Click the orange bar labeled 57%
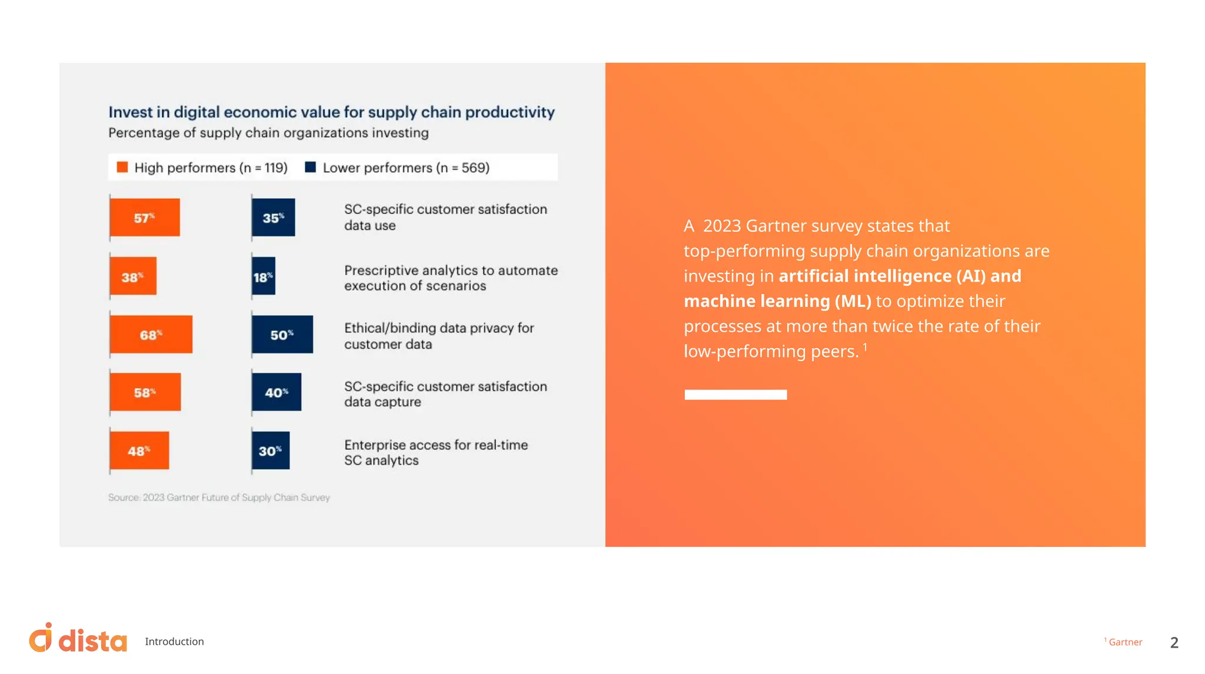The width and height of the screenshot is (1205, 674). click(145, 218)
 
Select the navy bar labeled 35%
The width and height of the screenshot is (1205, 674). click(274, 218)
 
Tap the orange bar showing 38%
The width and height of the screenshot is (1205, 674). click(133, 276)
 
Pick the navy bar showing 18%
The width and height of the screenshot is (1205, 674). click(264, 276)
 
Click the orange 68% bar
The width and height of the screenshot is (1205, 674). click(151, 335)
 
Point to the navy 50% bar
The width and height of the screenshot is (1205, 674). click(282, 335)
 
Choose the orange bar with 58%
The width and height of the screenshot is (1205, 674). click(145, 392)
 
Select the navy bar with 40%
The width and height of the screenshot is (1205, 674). click(277, 392)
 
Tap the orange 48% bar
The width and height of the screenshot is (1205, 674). click(139, 451)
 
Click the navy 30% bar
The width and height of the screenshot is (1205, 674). click(271, 451)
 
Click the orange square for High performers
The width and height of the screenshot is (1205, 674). click(122, 168)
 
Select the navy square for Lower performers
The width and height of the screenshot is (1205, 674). click(311, 168)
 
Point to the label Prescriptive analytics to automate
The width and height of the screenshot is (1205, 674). click(451, 271)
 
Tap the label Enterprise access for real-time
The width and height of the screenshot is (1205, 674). click(436, 445)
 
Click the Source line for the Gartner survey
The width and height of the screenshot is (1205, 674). click(219, 498)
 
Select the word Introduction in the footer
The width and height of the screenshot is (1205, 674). click(174, 642)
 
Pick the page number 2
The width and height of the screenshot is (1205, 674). click(1174, 643)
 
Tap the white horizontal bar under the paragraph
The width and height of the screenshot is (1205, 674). click(735, 395)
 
